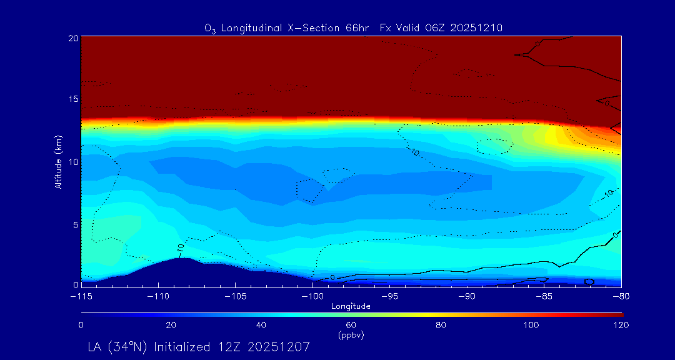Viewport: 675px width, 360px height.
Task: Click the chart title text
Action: point(353,27)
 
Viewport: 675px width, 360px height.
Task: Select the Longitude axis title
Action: point(351,306)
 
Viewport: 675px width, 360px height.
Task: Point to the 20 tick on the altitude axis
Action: point(72,38)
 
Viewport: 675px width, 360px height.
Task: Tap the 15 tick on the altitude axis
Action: point(72,99)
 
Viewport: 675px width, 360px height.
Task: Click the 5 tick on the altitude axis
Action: point(75,223)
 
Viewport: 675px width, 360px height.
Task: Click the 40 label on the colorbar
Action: point(261,325)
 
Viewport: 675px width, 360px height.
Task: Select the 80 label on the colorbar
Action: point(441,325)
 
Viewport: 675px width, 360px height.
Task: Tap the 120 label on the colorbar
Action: point(621,325)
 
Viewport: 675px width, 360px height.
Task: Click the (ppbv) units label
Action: point(351,335)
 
